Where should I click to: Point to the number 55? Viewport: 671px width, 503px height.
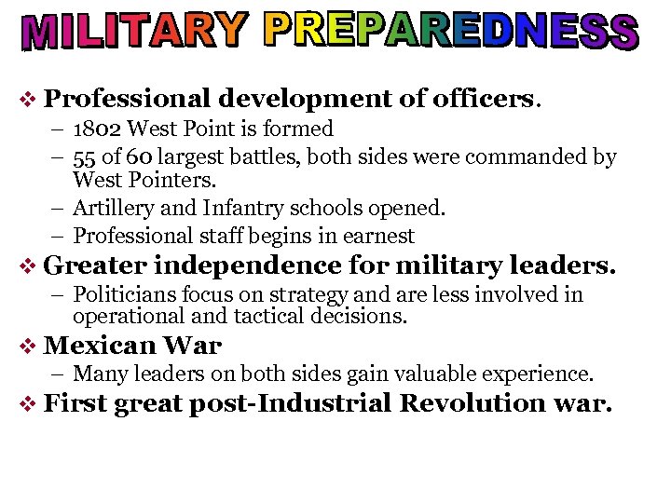[x=85, y=157]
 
